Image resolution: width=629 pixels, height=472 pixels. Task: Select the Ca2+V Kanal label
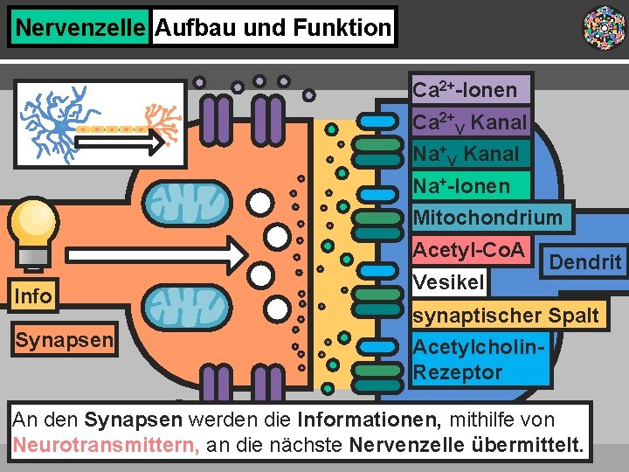(470, 121)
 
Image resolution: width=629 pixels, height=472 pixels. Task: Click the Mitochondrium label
(487, 217)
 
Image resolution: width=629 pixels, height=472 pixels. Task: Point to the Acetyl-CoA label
(468, 251)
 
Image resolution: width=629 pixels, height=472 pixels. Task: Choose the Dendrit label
(584, 261)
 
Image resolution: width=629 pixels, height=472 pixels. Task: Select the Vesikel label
(448, 282)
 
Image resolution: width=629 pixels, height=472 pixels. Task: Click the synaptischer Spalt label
(506, 315)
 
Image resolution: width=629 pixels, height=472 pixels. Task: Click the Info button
(33, 296)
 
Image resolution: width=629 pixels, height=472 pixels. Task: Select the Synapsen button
(64, 339)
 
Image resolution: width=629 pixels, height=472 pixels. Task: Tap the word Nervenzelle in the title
(79, 28)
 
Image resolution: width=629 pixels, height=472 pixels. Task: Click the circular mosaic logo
(604, 27)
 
